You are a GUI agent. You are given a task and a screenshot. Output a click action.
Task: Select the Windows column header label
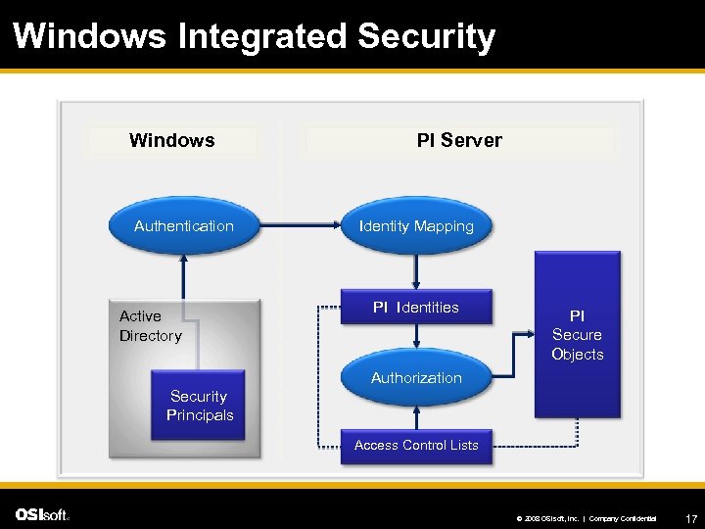[172, 140]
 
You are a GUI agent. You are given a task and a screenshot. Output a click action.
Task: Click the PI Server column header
[459, 140]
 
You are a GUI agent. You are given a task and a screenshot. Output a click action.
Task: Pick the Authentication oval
[184, 226]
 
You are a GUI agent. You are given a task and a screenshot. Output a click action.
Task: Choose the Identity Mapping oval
[416, 226]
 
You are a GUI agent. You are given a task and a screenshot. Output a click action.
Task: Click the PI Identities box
[416, 308]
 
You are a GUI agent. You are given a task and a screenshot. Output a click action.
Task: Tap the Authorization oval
[416, 377]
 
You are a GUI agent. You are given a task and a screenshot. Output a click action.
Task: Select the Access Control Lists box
[416, 446]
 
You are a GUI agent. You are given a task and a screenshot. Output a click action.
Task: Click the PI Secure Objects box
[577, 335]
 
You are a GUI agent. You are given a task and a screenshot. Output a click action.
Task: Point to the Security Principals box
[200, 406]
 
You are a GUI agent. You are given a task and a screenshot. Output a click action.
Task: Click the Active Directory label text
[151, 326]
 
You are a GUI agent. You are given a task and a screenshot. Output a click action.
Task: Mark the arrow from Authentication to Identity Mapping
[290, 226]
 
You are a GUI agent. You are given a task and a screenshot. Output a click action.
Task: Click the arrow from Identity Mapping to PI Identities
[416, 269]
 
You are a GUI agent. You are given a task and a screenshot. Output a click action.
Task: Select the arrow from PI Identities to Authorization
[416, 339]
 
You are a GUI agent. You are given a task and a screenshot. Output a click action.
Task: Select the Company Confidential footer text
[623, 517]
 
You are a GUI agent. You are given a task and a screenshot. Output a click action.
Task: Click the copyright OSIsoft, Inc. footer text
[548, 517]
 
